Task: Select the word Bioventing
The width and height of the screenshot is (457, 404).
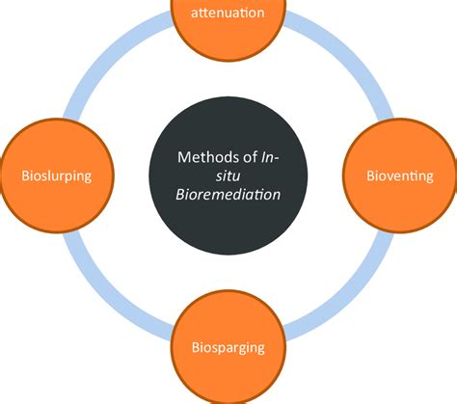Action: coord(399,176)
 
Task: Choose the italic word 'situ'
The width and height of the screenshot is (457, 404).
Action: coord(228,175)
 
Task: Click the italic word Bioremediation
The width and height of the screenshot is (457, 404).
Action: coord(228,193)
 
